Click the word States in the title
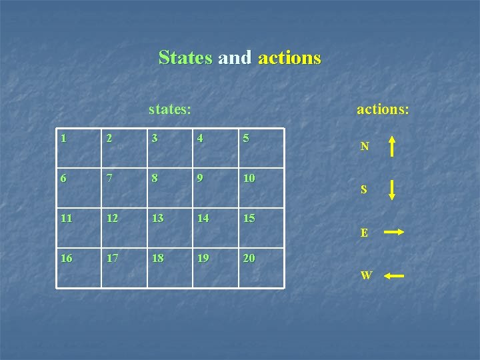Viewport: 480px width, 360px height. point(185,58)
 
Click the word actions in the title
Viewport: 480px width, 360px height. point(289,58)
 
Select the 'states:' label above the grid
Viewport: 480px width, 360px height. point(170,108)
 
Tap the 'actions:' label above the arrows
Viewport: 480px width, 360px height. point(383,108)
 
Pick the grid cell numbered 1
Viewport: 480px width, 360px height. point(79,147)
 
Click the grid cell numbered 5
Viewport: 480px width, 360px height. point(261,147)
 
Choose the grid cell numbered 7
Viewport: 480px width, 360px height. point(125,187)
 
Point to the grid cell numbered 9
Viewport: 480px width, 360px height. point(215,187)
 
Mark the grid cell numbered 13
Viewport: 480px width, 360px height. point(170,227)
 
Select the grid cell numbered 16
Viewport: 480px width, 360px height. point(79,268)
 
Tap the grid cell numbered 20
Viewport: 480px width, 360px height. point(261,268)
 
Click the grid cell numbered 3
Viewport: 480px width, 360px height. point(170,147)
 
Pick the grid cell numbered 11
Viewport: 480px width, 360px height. point(79,227)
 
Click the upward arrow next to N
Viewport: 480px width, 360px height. point(392,146)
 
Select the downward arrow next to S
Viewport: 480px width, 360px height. point(392,189)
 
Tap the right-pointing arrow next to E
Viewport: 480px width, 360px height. point(394,232)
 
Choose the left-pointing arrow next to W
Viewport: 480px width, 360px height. point(394,275)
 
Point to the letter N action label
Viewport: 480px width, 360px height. point(364,147)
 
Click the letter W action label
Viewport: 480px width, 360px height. point(366,275)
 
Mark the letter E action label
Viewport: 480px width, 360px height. point(364,233)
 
